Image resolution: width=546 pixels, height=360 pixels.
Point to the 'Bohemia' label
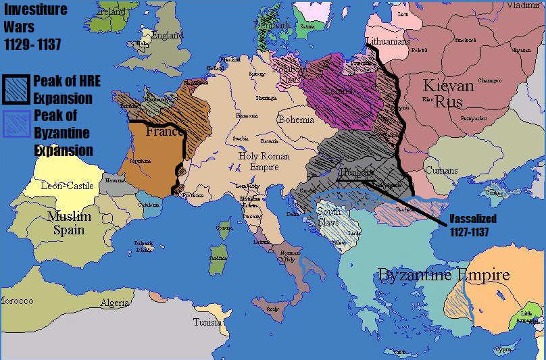(295, 120)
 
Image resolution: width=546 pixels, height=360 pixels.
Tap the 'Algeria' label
(115, 303)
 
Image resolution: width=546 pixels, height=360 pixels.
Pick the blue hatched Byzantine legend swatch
(17, 123)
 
